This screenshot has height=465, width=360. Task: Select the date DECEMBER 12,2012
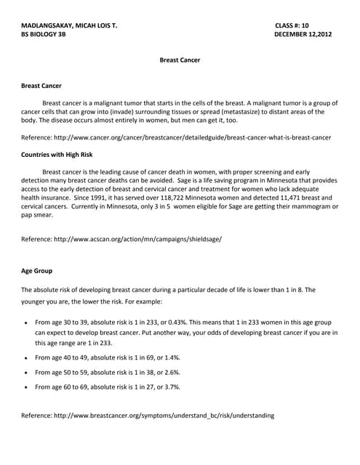[x=303, y=34]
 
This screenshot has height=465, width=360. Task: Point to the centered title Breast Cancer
[x=180, y=60]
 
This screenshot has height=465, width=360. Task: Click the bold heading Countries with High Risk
[x=57, y=154]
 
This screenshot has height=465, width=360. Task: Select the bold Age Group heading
[x=36, y=271]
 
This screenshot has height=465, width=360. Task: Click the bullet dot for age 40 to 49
[x=26, y=358]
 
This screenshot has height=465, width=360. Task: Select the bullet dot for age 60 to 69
[x=26, y=387]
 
